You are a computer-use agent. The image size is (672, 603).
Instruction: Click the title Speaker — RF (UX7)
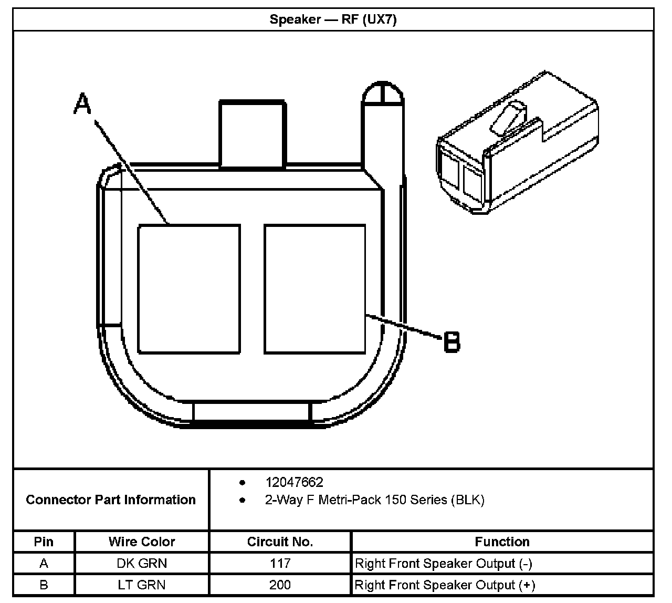[333, 20]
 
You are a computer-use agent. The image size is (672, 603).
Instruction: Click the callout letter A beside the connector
[82, 103]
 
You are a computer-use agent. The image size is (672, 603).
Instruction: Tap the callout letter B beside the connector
[451, 342]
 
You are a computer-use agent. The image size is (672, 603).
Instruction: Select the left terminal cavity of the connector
[189, 289]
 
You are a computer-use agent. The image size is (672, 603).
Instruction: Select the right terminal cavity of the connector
[315, 289]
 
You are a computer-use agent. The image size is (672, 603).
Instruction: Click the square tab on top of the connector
[252, 134]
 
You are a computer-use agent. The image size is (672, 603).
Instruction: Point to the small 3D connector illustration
[517, 144]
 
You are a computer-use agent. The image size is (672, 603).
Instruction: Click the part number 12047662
[294, 482]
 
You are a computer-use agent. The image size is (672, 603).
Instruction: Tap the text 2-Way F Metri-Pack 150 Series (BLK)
[374, 500]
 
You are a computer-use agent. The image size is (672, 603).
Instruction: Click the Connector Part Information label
[111, 500]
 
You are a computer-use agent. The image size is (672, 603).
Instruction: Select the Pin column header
[44, 542]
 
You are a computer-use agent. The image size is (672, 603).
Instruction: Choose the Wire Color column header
[142, 542]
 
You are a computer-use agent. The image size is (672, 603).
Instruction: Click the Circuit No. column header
[280, 542]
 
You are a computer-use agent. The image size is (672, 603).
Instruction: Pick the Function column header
[502, 542]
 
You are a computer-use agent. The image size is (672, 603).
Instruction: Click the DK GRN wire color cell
[142, 564]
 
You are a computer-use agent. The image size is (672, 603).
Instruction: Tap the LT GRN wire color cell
[142, 585]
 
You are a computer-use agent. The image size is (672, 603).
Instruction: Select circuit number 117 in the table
[280, 564]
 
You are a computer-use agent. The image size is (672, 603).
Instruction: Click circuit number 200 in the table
[280, 585]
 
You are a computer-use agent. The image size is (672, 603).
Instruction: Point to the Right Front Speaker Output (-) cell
[444, 564]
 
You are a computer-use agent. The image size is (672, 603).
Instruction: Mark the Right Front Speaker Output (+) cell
[445, 585]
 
